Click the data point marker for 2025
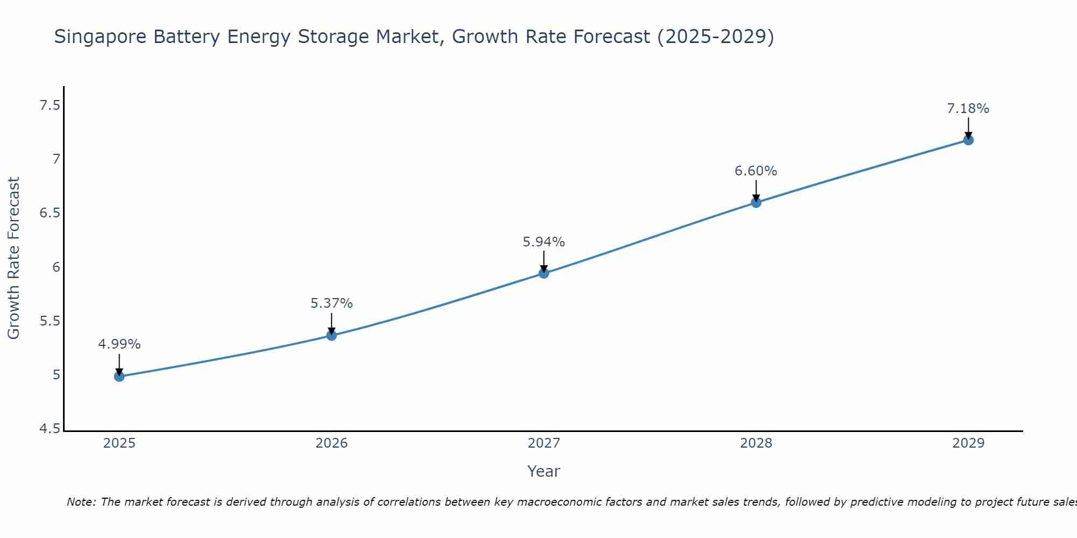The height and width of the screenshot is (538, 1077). pyautogui.click(x=120, y=376)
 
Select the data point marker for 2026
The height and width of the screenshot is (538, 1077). pyautogui.click(x=332, y=335)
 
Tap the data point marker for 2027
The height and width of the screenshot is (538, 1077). pyautogui.click(x=544, y=273)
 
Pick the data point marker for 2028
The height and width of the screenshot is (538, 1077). pyautogui.click(x=756, y=202)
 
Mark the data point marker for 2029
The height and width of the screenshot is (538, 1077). pyautogui.click(x=968, y=140)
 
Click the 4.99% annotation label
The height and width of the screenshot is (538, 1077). pyautogui.click(x=120, y=344)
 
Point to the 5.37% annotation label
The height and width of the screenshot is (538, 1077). pyautogui.click(x=332, y=303)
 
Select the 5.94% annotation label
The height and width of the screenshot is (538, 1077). pyautogui.click(x=544, y=242)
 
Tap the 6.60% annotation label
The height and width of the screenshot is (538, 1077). pyautogui.click(x=756, y=171)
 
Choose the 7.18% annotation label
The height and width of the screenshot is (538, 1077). pyautogui.click(x=968, y=109)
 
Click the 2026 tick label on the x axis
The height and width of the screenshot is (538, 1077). pyautogui.click(x=332, y=443)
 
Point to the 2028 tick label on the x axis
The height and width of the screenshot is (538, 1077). pyautogui.click(x=756, y=443)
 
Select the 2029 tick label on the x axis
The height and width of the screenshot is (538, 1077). pyautogui.click(x=968, y=443)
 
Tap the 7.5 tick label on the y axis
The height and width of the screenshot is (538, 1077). pyautogui.click(x=50, y=105)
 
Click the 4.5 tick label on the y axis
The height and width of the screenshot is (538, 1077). pyautogui.click(x=50, y=429)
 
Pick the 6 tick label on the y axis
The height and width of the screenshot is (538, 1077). pyautogui.click(x=56, y=267)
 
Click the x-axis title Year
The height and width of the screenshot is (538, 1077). pyautogui.click(x=544, y=471)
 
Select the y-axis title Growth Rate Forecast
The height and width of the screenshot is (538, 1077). pyautogui.click(x=13, y=258)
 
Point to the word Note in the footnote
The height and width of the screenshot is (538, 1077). pyautogui.click(x=81, y=502)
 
